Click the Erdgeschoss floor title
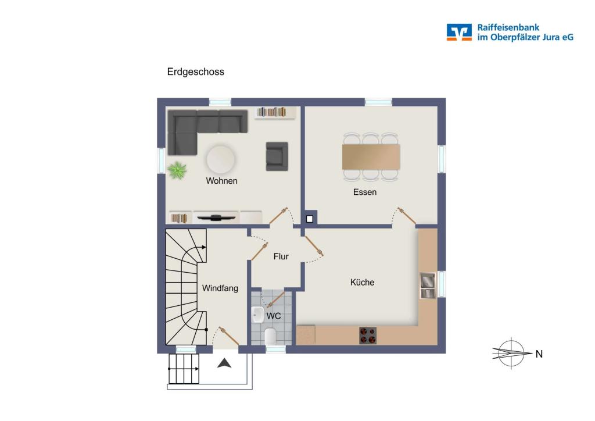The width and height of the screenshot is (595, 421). [x=195, y=72]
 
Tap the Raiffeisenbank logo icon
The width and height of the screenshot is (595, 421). [x=459, y=32]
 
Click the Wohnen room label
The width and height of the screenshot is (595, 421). [x=221, y=181]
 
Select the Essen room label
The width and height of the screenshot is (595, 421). [x=365, y=192]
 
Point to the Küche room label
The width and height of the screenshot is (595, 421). [x=362, y=282]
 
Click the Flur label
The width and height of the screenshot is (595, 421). [x=281, y=256]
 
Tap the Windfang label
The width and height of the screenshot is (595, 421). [x=220, y=288]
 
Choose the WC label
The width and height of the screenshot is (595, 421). [x=274, y=316]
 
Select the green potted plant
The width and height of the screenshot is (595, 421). [x=177, y=170]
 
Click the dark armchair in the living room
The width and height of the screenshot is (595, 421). [x=277, y=156]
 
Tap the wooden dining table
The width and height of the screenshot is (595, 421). [x=371, y=156]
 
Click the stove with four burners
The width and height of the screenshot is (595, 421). [x=367, y=336]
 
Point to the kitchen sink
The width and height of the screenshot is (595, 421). [x=427, y=285]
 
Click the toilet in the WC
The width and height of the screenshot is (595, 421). [x=270, y=336]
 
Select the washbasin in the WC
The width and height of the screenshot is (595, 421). [x=258, y=315]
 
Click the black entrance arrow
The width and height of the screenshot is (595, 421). [x=224, y=363]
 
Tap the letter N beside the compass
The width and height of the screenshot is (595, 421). [x=539, y=354]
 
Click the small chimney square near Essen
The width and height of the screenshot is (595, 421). [x=310, y=219]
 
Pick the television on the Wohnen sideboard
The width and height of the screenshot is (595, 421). [x=216, y=218]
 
